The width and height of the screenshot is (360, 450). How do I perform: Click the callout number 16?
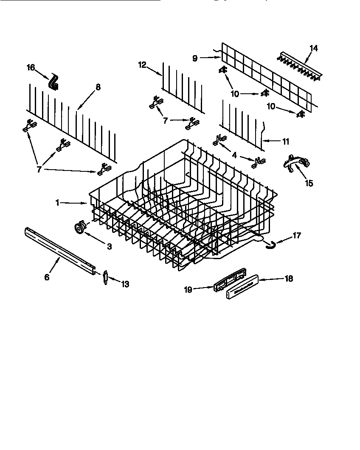[31, 67]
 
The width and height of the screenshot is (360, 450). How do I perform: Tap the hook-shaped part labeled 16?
[54, 82]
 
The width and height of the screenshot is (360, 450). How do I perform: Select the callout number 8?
[98, 87]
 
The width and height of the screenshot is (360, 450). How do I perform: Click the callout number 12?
[142, 64]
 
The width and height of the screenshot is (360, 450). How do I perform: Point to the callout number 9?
[195, 59]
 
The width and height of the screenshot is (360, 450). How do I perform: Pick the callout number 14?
[313, 48]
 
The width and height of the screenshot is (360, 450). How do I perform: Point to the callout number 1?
[57, 203]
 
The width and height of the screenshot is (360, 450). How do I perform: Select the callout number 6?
[47, 277]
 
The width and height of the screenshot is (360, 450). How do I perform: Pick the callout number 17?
[297, 235]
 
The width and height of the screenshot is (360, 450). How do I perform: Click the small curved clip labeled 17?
[269, 243]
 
